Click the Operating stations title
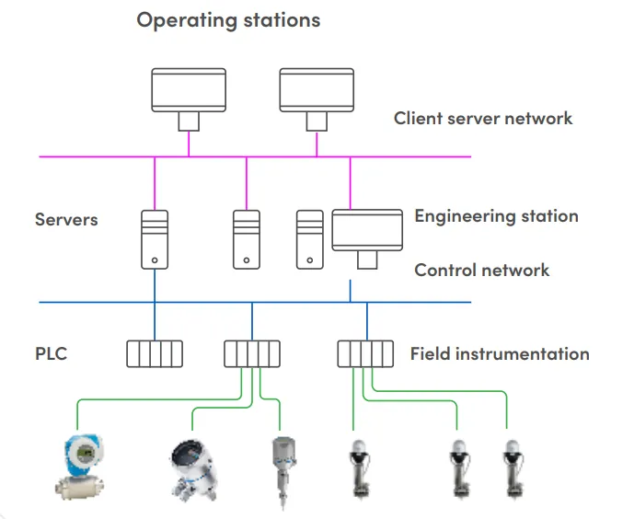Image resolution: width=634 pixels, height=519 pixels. click(x=228, y=20)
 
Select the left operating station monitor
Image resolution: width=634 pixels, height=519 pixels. click(x=189, y=90)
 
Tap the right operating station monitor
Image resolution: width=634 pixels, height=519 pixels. click(x=317, y=90)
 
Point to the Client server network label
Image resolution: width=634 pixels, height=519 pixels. click(x=483, y=119)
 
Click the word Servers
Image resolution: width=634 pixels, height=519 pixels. click(x=66, y=220)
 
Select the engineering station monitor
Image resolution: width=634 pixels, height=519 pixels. click(x=367, y=230)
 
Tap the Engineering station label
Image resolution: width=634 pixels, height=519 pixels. click(x=496, y=216)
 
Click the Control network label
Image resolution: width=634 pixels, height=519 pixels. click(x=482, y=271)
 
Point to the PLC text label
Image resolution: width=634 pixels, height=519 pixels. click(x=52, y=353)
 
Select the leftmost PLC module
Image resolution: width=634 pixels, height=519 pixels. click(x=155, y=354)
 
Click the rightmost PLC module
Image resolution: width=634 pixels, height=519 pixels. click(x=366, y=354)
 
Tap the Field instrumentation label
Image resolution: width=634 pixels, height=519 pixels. click(x=500, y=353)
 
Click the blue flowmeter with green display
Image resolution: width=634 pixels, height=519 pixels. click(x=83, y=465)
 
